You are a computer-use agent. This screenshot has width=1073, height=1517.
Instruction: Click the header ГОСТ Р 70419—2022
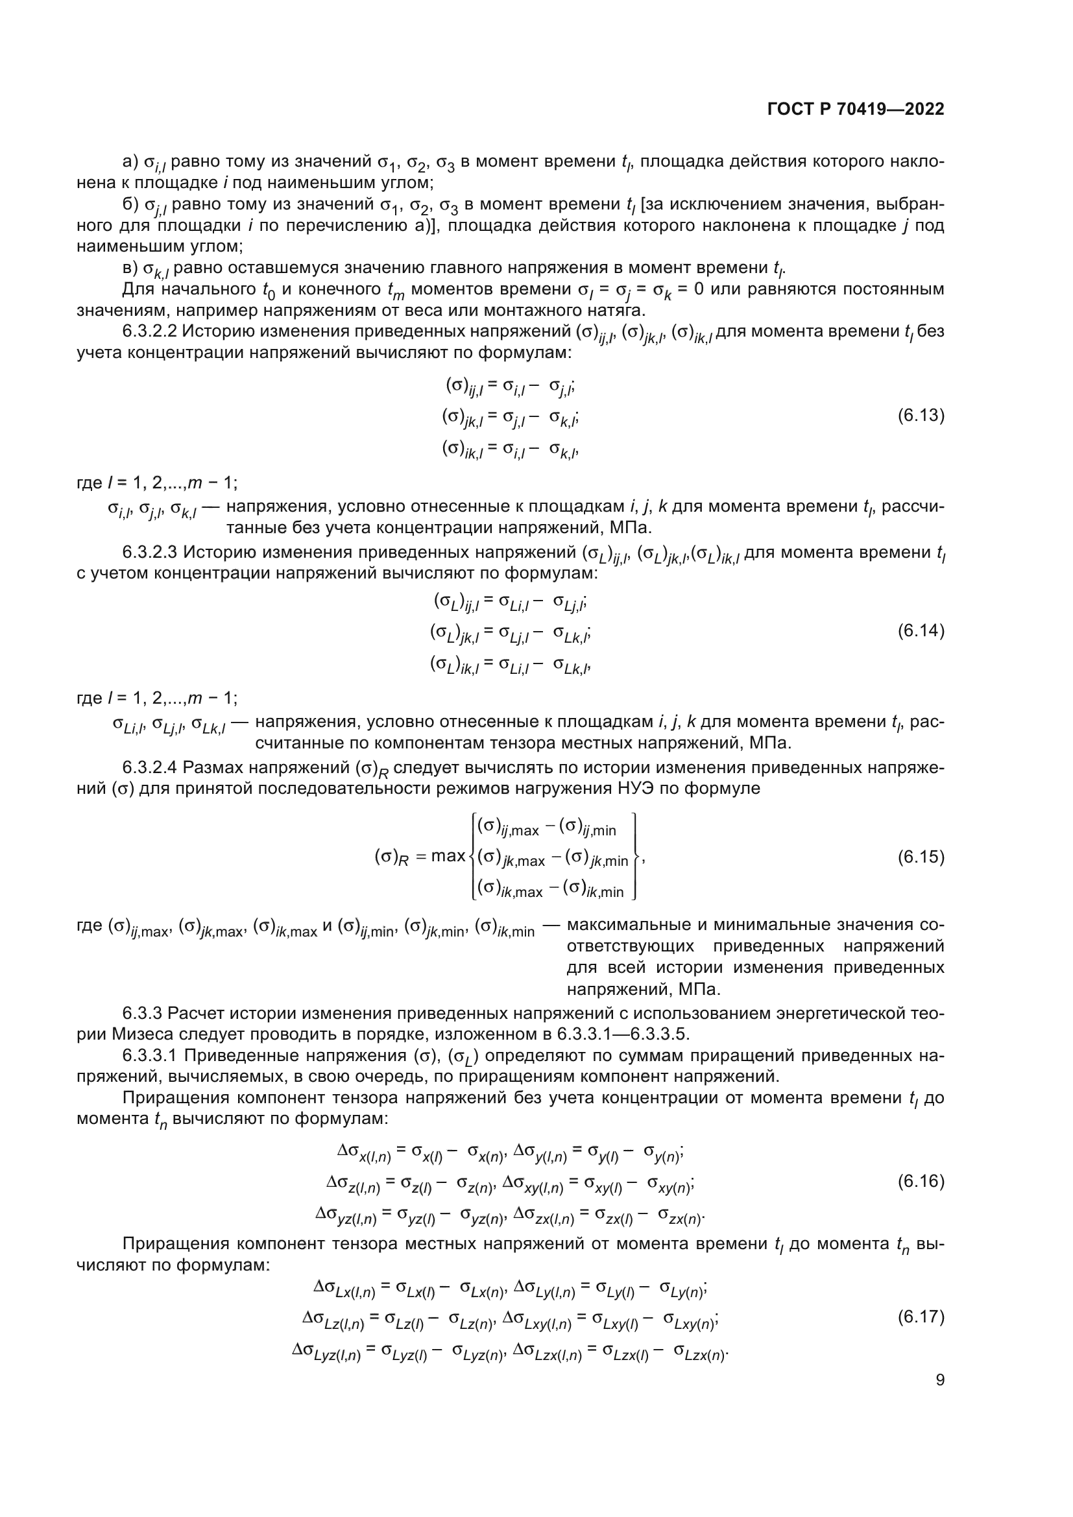pos(856,109)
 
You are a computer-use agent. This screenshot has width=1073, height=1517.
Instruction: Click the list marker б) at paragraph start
pos(131,204)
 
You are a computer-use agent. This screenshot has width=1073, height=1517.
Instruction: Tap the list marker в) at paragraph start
pos(131,268)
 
